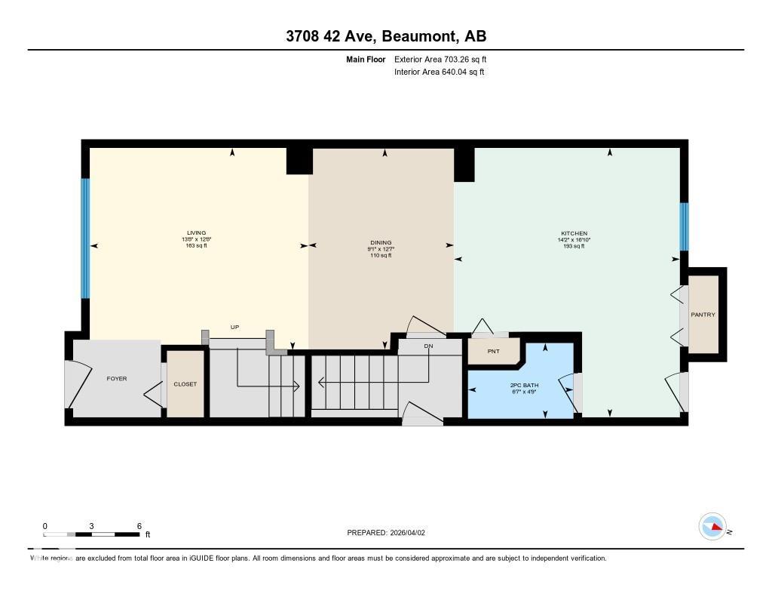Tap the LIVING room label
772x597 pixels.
point(197,233)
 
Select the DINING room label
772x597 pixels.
point(381,243)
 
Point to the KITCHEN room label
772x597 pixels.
point(574,234)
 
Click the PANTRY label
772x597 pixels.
point(703,315)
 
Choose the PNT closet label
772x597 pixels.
point(493,351)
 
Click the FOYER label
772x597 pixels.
point(117,378)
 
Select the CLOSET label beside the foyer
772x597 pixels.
point(185,384)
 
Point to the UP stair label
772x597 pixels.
point(234,328)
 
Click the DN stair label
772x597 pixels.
point(429,346)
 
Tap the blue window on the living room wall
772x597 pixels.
point(85,238)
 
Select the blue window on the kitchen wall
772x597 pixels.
point(684,226)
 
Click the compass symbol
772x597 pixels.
point(712,527)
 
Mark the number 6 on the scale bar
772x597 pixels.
point(139,526)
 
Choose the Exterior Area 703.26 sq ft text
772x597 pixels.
point(446,59)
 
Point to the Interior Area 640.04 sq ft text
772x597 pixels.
point(439,72)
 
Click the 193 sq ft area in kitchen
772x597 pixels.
point(574,246)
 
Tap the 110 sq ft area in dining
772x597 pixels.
point(381,256)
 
